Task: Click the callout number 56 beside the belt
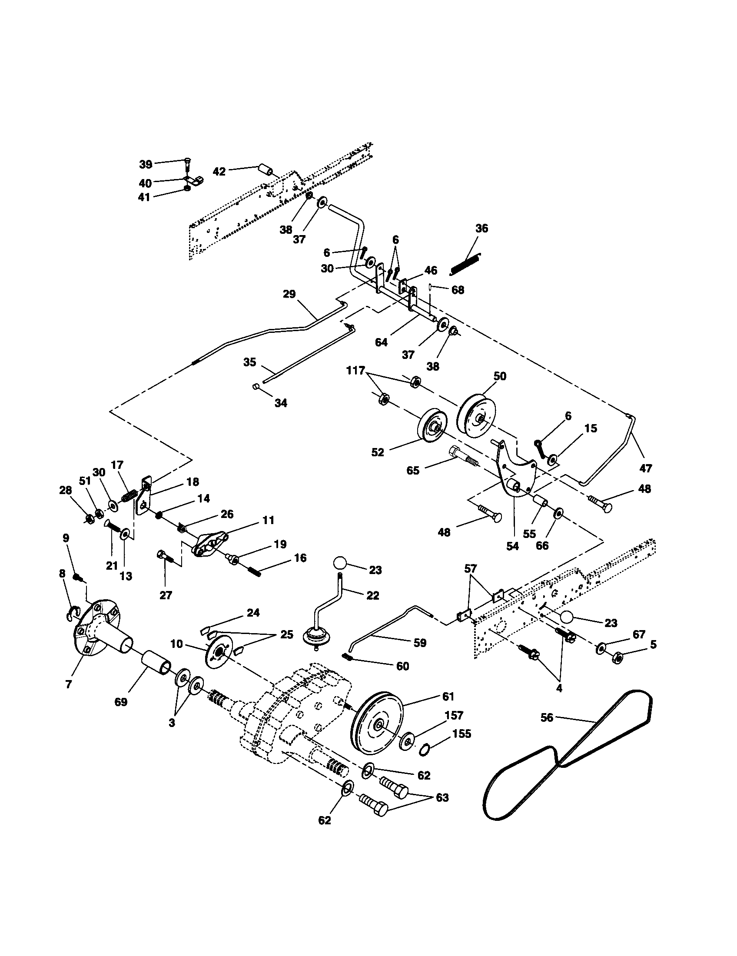point(547,717)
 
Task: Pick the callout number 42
point(219,171)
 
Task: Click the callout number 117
point(355,370)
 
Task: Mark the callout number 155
point(461,734)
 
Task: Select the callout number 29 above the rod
point(289,294)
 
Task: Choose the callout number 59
point(419,643)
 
